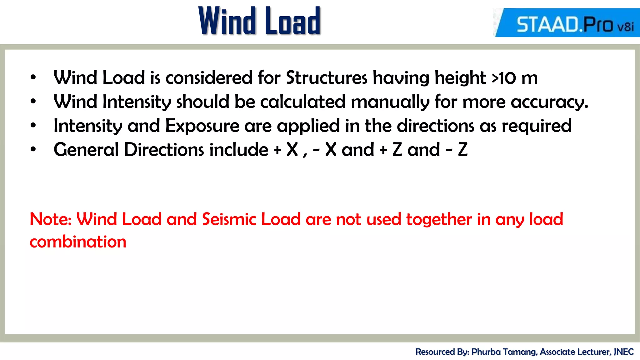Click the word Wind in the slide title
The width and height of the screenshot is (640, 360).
(x=227, y=21)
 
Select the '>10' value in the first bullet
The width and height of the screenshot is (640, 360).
(x=504, y=78)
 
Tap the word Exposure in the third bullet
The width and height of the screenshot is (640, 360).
(x=202, y=126)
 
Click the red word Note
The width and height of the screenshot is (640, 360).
(x=50, y=219)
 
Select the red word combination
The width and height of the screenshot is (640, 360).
(x=78, y=242)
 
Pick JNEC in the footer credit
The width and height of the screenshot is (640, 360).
(x=623, y=352)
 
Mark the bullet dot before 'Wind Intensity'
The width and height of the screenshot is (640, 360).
(x=33, y=101)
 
